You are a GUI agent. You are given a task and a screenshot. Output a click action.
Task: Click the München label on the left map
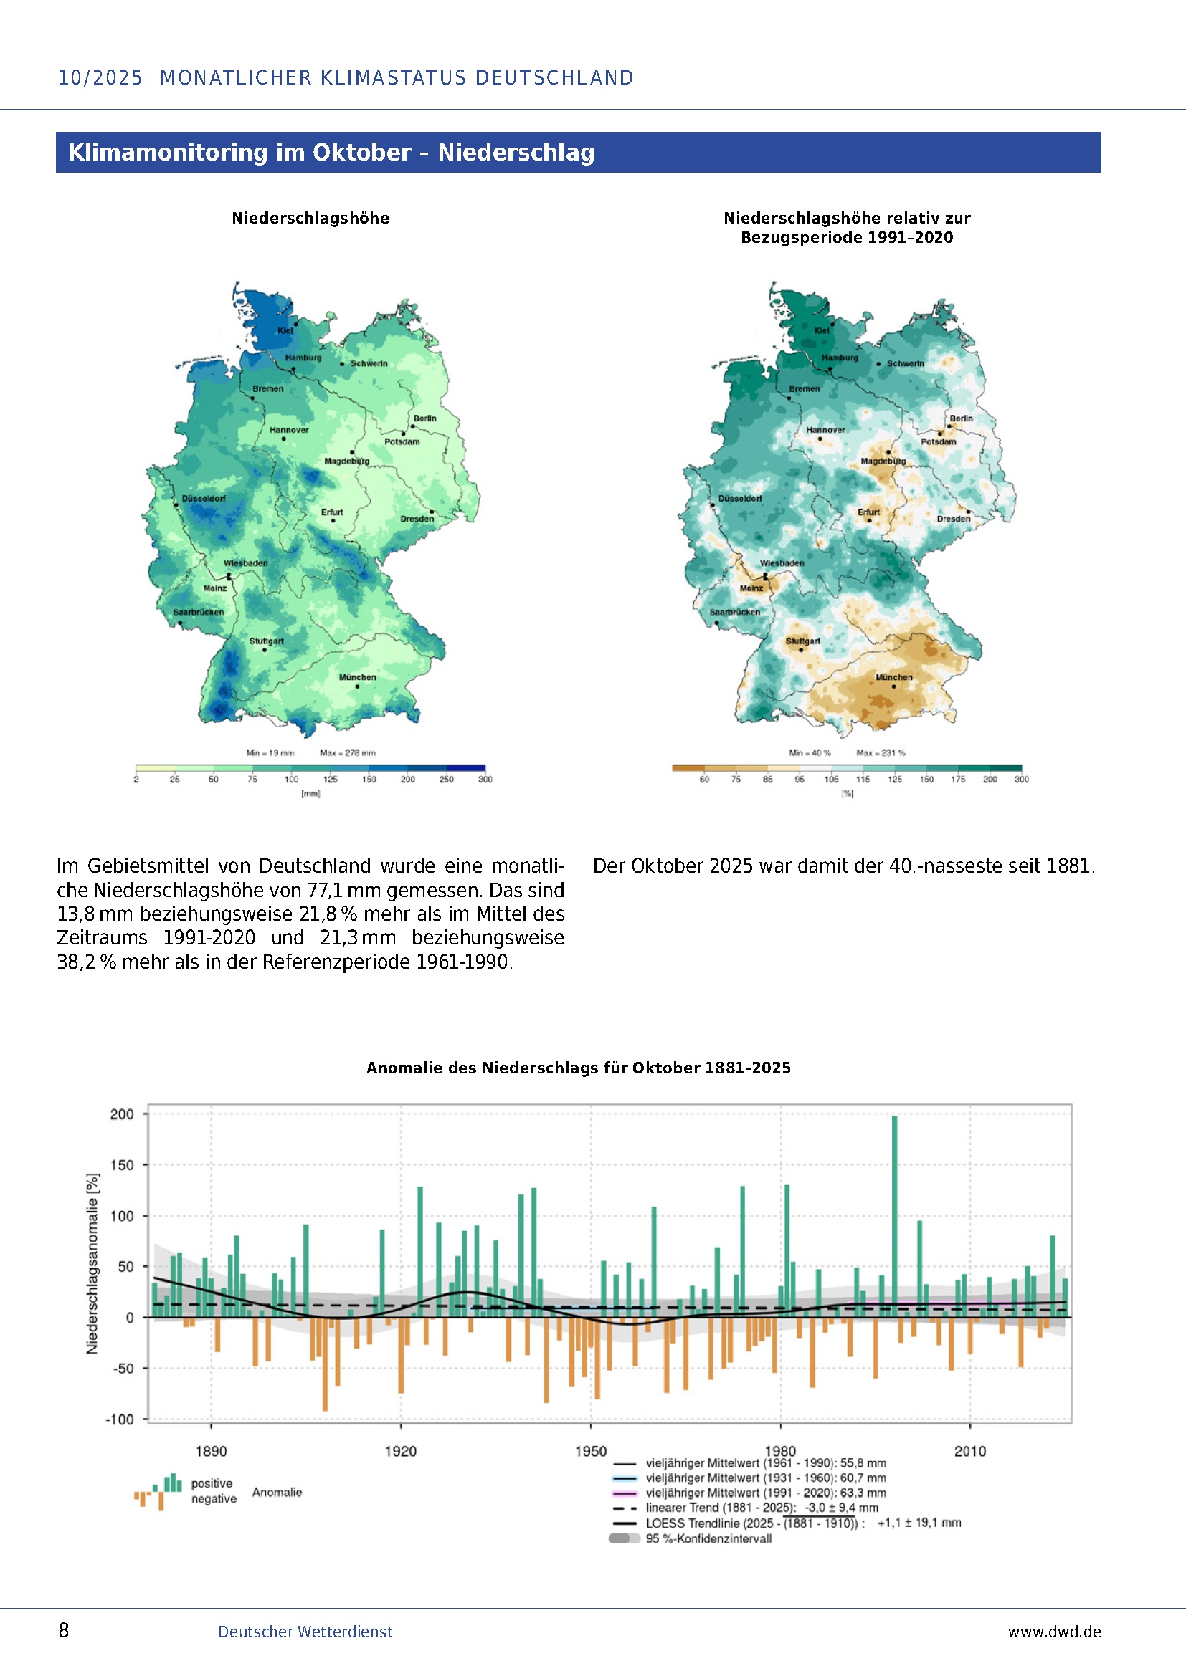point(357,677)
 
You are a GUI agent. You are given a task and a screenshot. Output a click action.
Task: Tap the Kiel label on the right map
point(822,330)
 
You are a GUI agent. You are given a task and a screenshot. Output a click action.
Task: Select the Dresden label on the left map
point(417,519)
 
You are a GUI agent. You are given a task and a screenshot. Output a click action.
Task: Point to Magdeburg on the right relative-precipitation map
point(883,461)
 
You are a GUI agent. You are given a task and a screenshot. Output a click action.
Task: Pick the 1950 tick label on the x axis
point(590,1451)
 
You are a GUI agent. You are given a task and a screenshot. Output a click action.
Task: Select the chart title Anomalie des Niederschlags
point(578,1068)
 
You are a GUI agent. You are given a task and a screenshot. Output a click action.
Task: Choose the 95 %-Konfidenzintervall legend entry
point(708,1538)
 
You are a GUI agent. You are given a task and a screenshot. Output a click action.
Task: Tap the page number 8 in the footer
point(64,1631)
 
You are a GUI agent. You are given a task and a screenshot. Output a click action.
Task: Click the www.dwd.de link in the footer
point(1054,1632)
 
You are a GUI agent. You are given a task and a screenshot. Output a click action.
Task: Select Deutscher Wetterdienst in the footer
point(305,1632)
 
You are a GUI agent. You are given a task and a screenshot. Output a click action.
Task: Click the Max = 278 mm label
point(347,752)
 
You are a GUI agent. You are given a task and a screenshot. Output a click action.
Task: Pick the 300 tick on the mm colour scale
point(485,780)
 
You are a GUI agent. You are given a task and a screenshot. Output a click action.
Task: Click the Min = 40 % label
point(809,752)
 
